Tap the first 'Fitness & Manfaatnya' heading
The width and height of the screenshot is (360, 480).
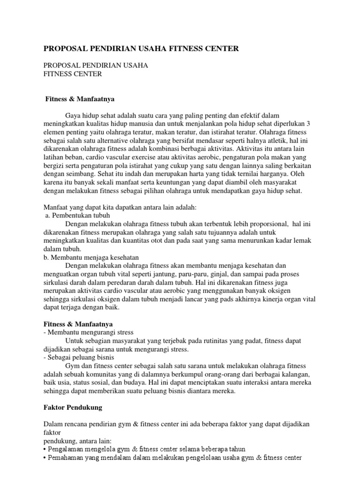point(80,99)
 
